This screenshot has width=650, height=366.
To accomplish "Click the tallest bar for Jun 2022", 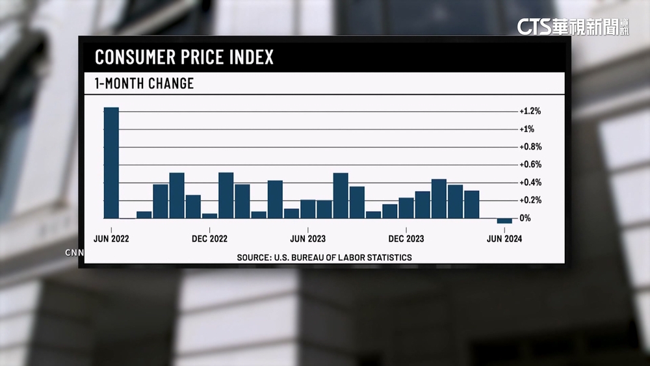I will (111, 163).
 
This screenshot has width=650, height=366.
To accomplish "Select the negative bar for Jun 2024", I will (504, 221).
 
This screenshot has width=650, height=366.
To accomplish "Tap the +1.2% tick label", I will (530, 111).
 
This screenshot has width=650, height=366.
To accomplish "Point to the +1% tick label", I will (526, 129).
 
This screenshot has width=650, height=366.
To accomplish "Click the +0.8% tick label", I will (530, 147).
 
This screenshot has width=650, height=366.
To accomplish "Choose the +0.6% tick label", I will (530, 164).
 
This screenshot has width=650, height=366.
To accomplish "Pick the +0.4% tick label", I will (530, 183).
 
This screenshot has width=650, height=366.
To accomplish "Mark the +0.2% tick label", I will (530, 200).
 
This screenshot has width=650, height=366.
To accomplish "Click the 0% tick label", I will (525, 218).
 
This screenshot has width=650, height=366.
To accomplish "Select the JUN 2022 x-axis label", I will (111, 239).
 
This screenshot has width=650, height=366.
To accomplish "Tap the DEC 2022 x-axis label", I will (209, 239).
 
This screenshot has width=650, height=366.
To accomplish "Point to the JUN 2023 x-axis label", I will (307, 239).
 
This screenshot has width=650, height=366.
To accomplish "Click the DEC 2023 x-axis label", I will (406, 239).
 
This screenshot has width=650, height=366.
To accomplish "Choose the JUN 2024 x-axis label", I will (504, 239).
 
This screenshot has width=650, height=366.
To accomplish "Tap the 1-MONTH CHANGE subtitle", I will (144, 84).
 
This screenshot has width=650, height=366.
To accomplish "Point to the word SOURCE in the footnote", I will (252, 257).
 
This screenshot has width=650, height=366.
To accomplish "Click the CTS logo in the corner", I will (533, 26).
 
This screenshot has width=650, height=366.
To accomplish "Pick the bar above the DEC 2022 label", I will (209, 215).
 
